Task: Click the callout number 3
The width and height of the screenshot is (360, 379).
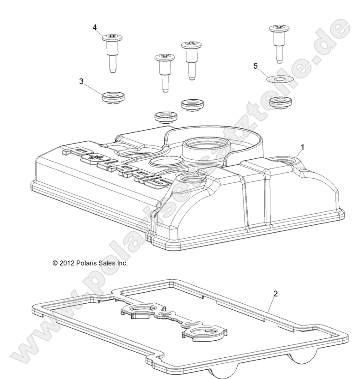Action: tap(81, 82)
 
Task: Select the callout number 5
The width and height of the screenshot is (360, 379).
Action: tap(255, 66)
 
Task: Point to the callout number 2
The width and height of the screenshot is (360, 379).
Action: tap(275, 294)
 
